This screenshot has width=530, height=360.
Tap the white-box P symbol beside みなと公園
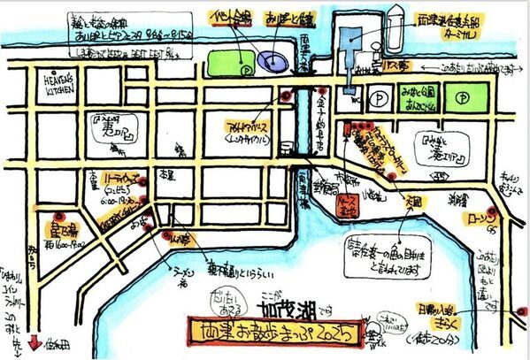pyautogui.click(x=378, y=95)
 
